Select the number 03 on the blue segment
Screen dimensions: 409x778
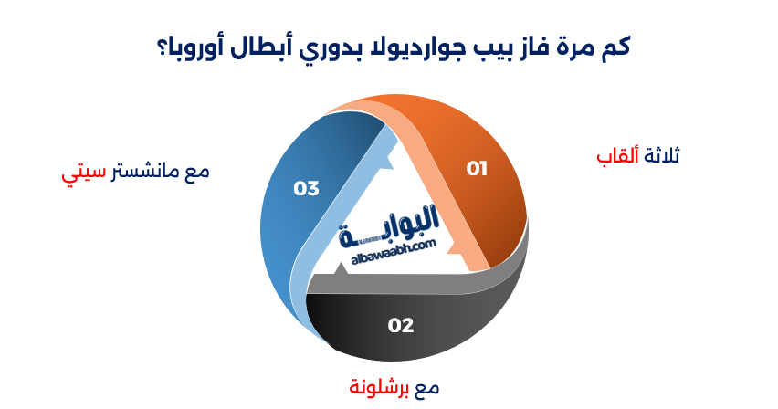[x=306, y=188]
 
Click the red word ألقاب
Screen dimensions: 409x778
[x=616, y=156]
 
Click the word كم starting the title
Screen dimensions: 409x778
[x=617, y=46]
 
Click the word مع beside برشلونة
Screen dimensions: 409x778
[x=427, y=387]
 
